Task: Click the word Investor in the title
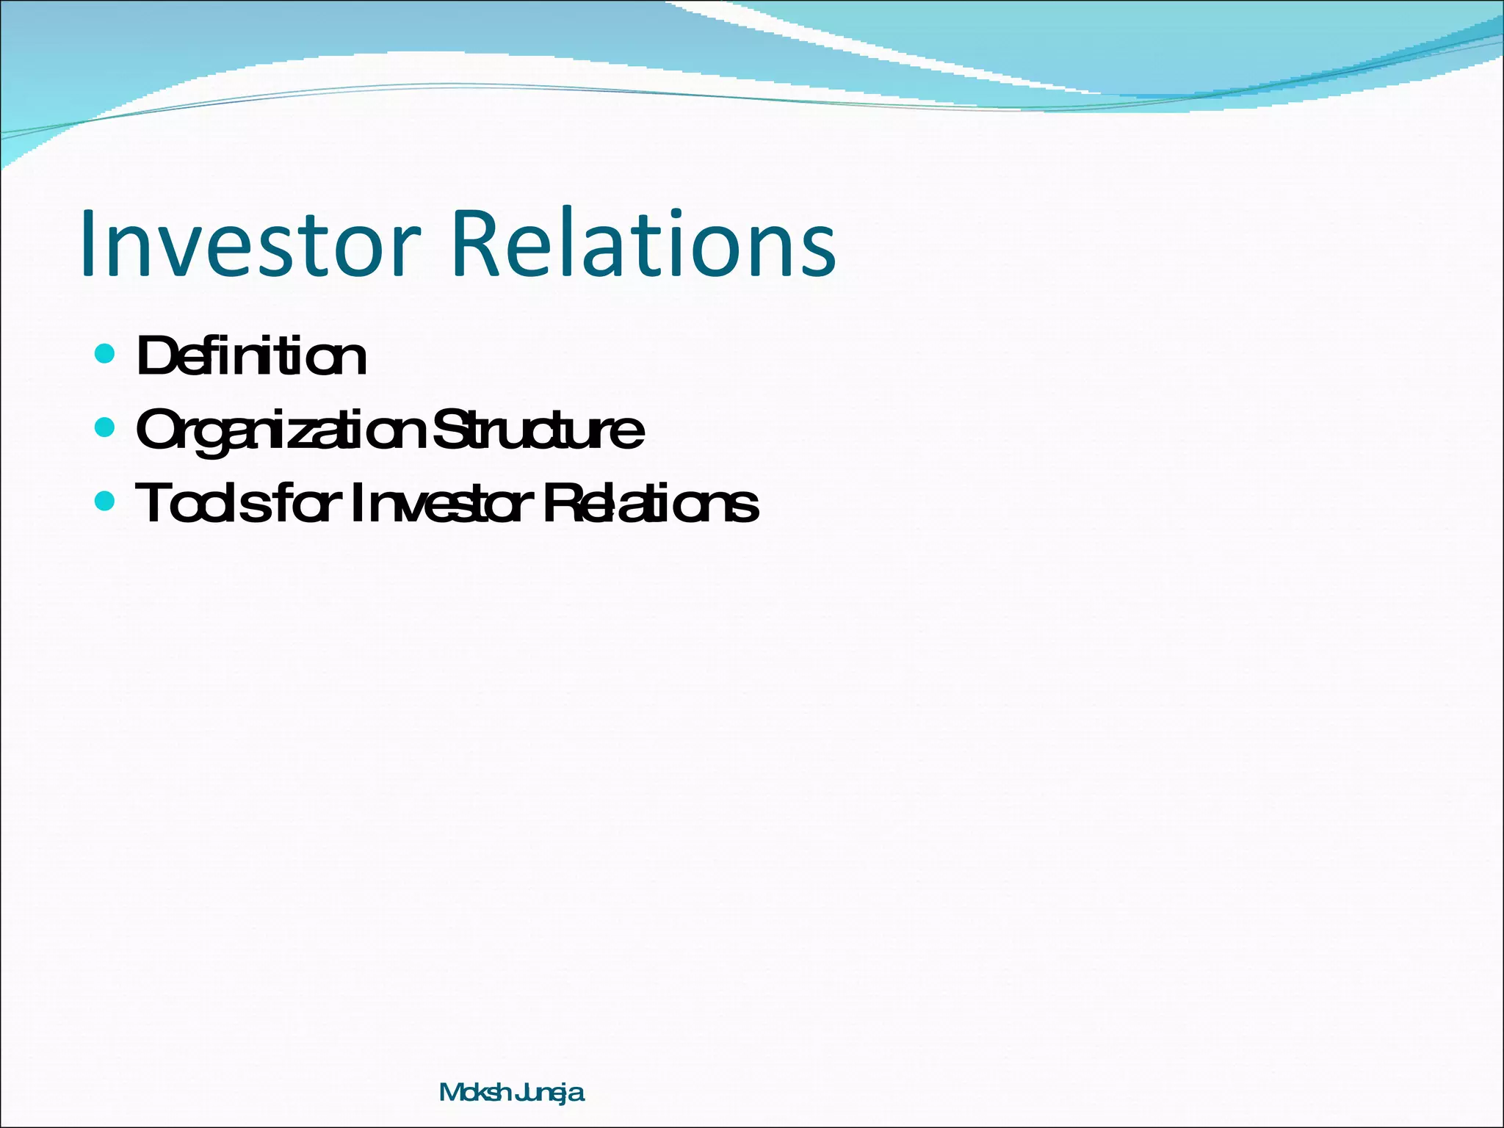250,244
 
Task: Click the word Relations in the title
645,244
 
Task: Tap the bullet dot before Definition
106,354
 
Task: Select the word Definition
251,357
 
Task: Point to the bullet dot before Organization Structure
106,427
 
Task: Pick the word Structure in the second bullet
539,430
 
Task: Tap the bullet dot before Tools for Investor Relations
106,502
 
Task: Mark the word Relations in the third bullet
651,505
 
